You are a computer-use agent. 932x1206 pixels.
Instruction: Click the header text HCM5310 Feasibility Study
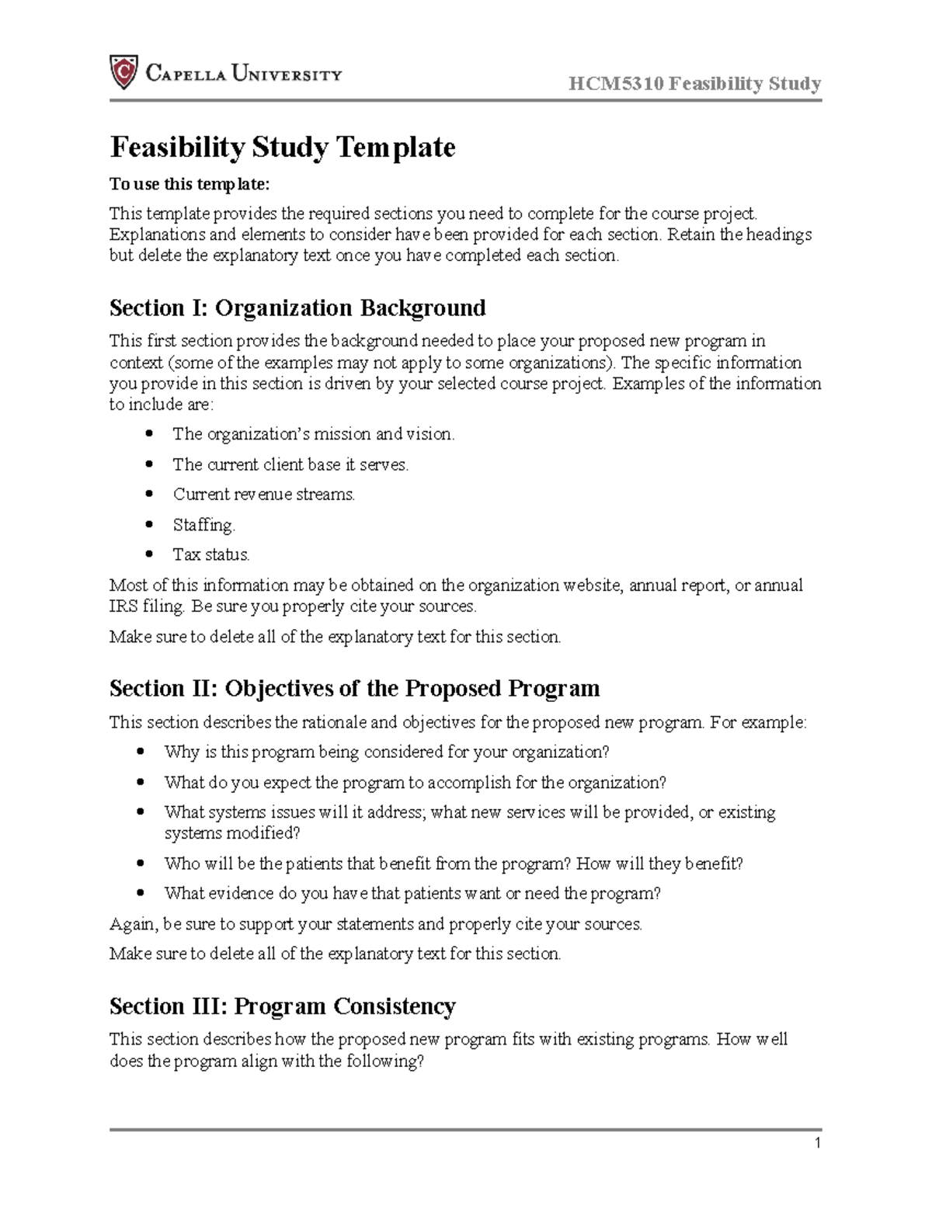[694, 84]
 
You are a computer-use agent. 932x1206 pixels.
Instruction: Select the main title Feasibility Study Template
[282, 147]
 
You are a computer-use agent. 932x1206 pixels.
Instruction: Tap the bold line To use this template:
[190, 184]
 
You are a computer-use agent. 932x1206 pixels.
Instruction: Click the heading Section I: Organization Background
[297, 308]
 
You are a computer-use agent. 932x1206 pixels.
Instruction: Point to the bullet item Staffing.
[203, 525]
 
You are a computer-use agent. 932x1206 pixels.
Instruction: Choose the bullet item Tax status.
[211, 554]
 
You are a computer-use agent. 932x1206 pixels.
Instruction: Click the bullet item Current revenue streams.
[264, 494]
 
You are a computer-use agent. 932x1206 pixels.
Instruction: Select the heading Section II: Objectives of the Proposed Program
[354, 689]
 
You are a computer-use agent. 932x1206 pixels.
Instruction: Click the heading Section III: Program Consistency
[282, 1006]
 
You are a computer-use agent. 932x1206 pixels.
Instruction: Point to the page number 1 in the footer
[817, 1142]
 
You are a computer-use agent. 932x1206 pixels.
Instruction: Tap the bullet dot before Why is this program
[140, 752]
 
